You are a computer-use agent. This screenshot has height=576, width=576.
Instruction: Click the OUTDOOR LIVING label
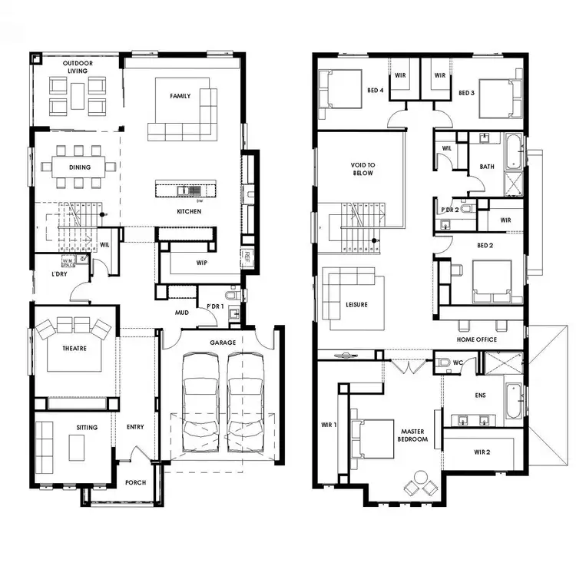[x=75, y=66]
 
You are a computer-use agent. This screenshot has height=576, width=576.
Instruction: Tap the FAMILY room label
[x=180, y=96]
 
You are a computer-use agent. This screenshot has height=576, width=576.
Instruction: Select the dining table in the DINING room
[x=79, y=166]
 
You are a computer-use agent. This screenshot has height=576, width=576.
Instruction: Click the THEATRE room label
[x=74, y=348]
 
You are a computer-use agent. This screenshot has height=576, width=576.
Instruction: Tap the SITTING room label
[x=87, y=427]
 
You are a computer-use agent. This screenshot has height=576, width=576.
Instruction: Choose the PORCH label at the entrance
[x=135, y=483]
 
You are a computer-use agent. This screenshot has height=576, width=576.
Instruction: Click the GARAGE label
[x=223, y=343]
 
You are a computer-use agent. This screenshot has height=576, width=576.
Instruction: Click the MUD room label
[x=182, y=313]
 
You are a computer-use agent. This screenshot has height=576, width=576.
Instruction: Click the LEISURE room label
[x=356, y=305]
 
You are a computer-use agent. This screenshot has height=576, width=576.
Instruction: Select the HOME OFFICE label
[x=476, y=339]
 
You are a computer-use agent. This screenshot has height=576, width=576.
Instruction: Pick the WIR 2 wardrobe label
[x=482, y=452]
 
